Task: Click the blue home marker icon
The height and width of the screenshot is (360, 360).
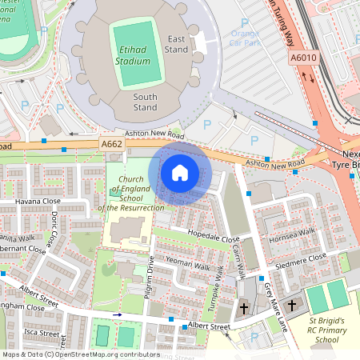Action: tap(180, 172)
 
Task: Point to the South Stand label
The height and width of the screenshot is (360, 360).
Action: tap(145, 102)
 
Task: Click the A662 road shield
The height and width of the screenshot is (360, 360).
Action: tap(112, 143)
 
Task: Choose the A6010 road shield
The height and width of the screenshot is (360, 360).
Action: tap(303, 58)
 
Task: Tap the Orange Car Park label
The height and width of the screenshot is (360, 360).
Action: tap(245, 38)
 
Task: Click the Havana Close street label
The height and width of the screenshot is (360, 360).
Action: tap(38, 201)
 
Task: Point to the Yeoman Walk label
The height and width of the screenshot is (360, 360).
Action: tap(186, 262)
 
